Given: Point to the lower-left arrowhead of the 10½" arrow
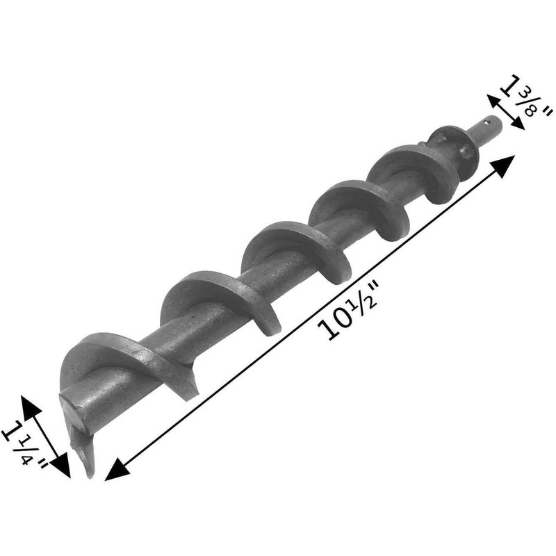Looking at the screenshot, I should point(113,473).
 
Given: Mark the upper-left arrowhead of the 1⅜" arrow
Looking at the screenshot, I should point(491,101).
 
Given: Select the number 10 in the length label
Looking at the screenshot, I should point(338,320).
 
